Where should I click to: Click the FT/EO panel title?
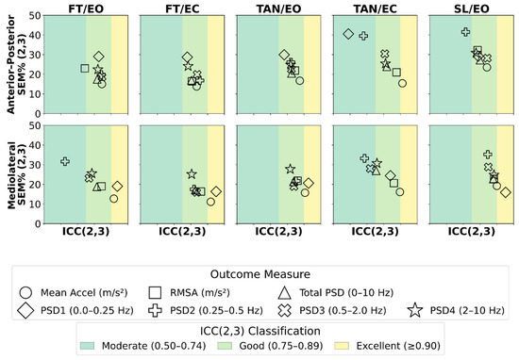86,8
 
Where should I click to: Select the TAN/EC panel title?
375,8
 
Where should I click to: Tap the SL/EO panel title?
471,8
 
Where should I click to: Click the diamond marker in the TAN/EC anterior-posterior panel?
348,34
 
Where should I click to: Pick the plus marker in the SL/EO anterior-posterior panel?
465,32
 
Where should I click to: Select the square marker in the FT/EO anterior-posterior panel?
85,69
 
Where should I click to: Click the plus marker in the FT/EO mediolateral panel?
65,161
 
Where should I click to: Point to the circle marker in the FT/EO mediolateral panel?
114,199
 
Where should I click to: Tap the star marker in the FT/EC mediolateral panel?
192,174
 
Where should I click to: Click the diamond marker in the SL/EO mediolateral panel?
506,192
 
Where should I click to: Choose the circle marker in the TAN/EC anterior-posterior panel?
402,83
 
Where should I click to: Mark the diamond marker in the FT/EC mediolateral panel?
216,191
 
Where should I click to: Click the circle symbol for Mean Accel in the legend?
25,292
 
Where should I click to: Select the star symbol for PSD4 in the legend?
415,310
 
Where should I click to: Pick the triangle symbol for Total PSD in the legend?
285,293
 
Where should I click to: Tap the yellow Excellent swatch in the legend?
342,346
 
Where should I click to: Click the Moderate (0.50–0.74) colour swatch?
88,346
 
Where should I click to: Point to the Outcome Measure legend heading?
260,274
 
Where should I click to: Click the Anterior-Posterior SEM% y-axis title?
16,64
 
